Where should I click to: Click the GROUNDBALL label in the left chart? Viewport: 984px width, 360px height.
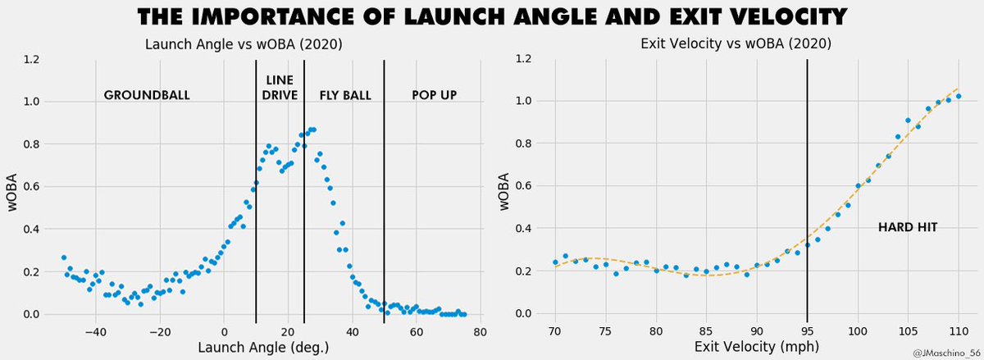pos(147,95)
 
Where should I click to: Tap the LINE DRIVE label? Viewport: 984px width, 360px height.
pos(280,88)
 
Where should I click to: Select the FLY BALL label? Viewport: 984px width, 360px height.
pos(345,95)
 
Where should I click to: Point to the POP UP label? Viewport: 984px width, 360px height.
pos(434,95)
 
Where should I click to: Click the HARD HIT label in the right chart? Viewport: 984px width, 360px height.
pos(907,226)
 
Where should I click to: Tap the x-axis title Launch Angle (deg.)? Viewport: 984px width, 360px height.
pos(264,348)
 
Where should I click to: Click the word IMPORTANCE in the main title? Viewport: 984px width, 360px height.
pos(296,17)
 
